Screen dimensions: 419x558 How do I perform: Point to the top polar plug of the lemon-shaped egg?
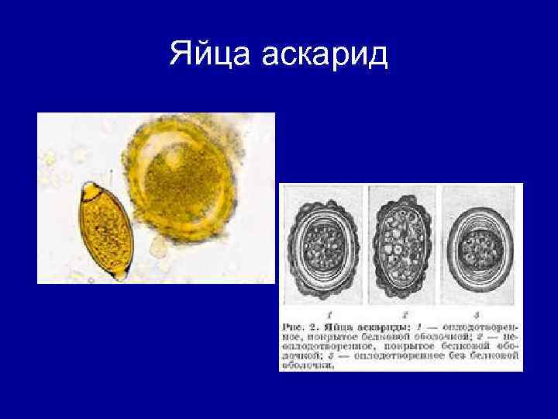click(x=90, y=188)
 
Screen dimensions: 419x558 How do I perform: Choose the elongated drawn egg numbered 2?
click(x=401, y=248)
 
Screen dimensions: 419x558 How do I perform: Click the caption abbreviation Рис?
click(x=295, y=326)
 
